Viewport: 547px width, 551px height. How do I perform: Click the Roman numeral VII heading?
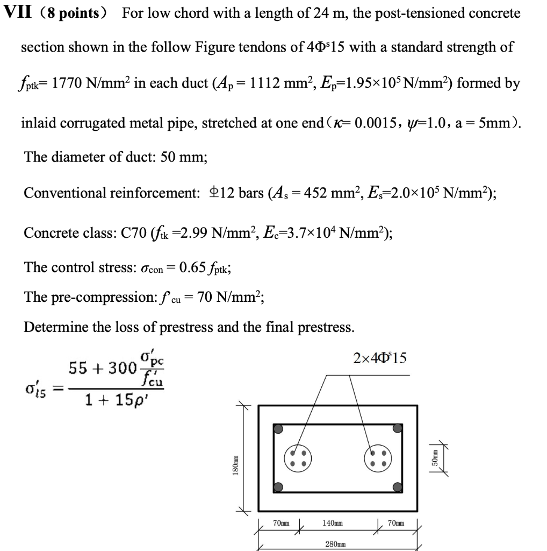[17, 12]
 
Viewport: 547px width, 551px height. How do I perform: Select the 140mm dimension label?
[333, 522]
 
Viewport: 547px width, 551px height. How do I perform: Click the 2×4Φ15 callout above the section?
[380, 357]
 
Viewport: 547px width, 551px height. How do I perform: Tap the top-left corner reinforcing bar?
[278, 429]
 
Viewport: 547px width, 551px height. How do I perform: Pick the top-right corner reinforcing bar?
[397, 429]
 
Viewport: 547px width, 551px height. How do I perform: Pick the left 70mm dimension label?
[281, 522]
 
